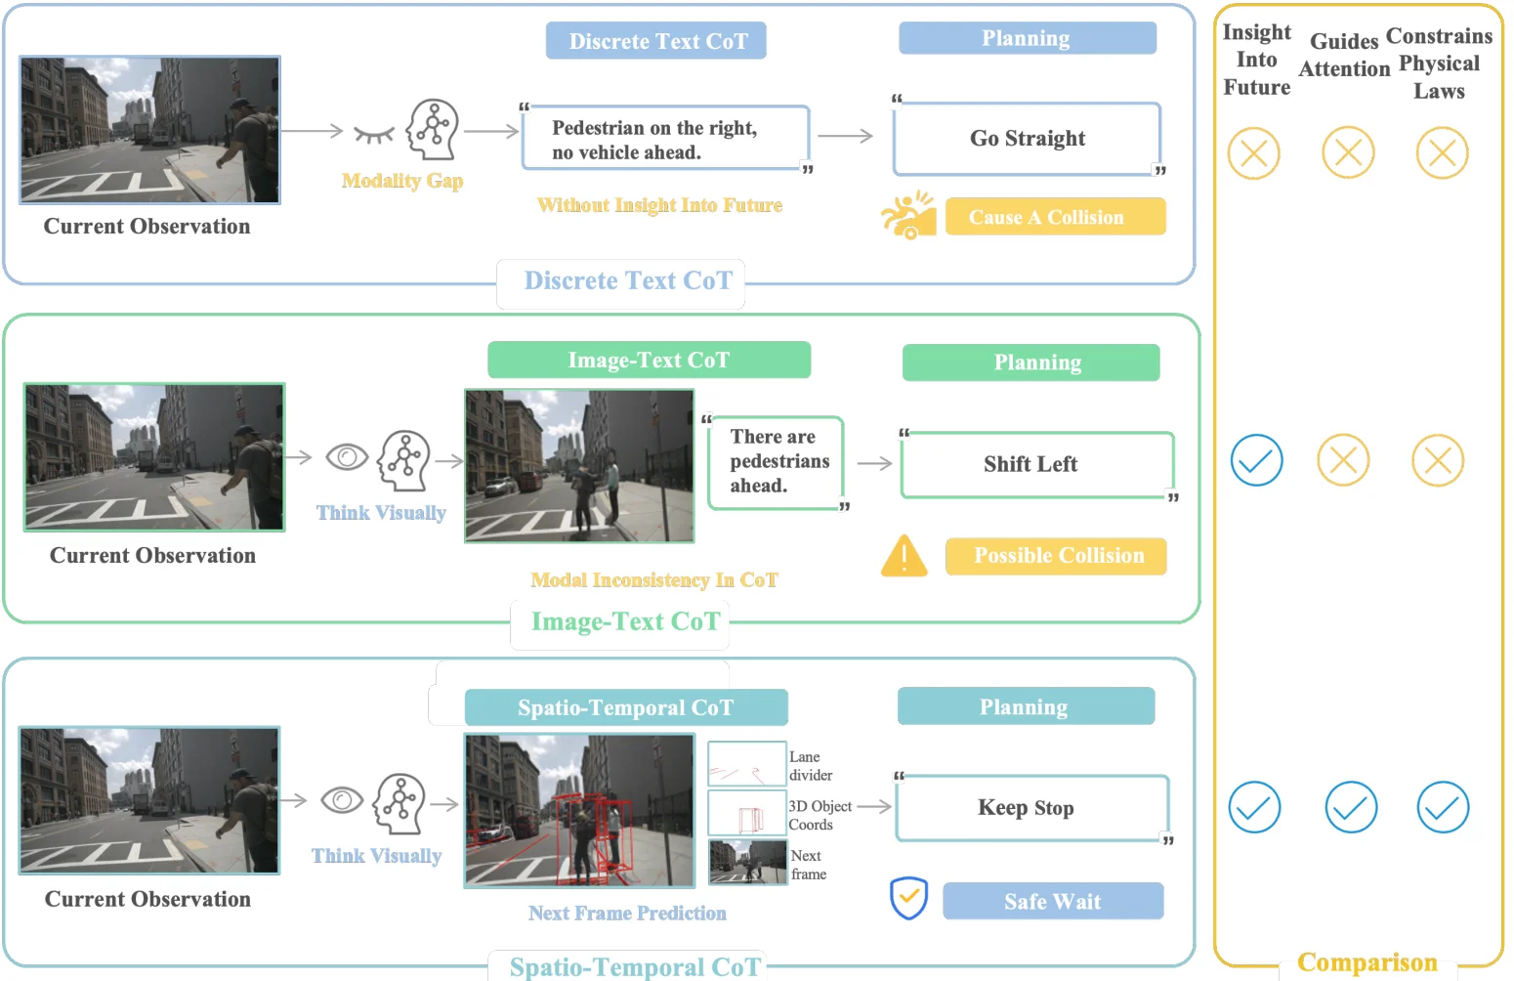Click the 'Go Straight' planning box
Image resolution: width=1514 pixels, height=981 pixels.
tap(1027, 139)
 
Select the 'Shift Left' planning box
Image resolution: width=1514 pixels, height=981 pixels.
tap(1036, 464)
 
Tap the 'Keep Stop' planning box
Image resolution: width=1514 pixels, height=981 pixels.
tap(1031, 808)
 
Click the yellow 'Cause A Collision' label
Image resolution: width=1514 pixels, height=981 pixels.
tap(1055, 217)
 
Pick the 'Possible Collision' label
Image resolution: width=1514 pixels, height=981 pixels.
tap(1055, 556)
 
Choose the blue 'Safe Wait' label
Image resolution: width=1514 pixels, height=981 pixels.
tap(1052, 901)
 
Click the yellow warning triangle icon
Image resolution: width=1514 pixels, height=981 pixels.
tap(904, 556)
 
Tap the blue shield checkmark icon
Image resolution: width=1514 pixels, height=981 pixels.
tap(908, 899)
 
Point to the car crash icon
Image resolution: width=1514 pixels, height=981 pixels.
tap(907, 215)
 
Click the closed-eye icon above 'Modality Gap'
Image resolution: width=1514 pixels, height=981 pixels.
tap(373, 134)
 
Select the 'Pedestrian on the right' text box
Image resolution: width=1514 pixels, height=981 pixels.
tap(666, 139)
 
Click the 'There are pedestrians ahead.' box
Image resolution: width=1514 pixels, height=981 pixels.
tap(776, 462)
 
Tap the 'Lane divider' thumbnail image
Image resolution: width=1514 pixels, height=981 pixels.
tap(746, 764)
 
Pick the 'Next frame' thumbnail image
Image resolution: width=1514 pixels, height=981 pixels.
tap(747, 863)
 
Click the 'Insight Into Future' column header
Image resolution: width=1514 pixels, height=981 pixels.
tap(1256, 61)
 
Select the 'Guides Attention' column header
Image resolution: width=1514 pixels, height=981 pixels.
tap(1344, 55)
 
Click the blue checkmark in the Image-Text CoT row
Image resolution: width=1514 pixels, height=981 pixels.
tap(1256, 461)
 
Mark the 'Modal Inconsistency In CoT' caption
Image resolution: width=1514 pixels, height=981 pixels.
tap(653, 580)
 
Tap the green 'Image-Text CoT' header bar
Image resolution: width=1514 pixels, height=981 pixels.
tap(649, 360)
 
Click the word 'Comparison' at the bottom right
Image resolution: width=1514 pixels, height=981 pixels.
tap(1367, 962)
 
